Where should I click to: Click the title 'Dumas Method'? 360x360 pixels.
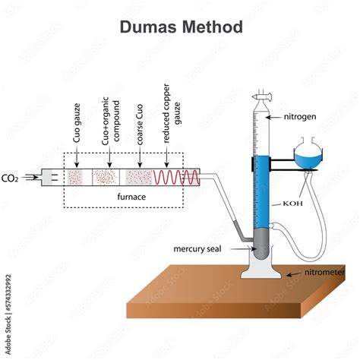point(180,27)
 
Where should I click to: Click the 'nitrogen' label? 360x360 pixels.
point(302,118)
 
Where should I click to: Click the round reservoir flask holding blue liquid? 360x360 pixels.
point(305,156)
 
